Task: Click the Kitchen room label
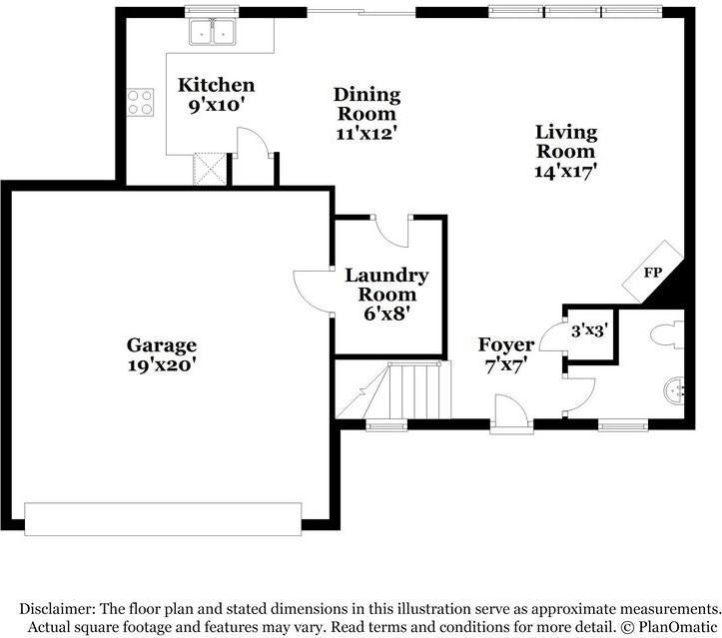(x=216, y=85)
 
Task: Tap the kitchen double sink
(x=213, y=31)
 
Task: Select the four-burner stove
(x=140, y=102)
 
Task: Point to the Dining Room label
(x=366, y=104)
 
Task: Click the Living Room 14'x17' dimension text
(x=566, y=172)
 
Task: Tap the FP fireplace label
(x=652, y=273)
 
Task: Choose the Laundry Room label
(x=386, y=285)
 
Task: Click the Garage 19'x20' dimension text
(x=163, y=365)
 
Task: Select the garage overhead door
(x=163, y=519)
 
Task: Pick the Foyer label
(x=506, y=344)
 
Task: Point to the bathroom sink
(x=674, y=391)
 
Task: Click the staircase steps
(x=413, y=390)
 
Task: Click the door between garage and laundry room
(x=314, y=292)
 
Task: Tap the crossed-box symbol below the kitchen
(x=210, y=169)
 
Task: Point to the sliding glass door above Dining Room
(x=361, y=12)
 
